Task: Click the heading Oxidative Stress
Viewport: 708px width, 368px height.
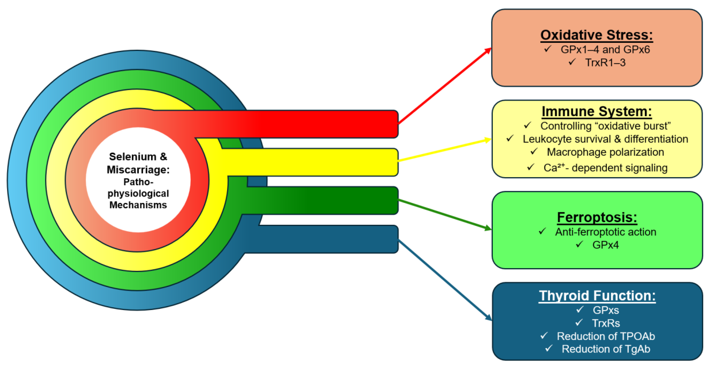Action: pyautogui.click(x=596, y=35)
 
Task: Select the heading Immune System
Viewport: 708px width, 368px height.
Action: pyautogui.click(x=596, y=112)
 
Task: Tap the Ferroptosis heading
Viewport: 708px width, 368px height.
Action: pyautogui.click(x=597, y=217)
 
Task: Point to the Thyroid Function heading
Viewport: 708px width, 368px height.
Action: pyautogui.click(x=597, y=296)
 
